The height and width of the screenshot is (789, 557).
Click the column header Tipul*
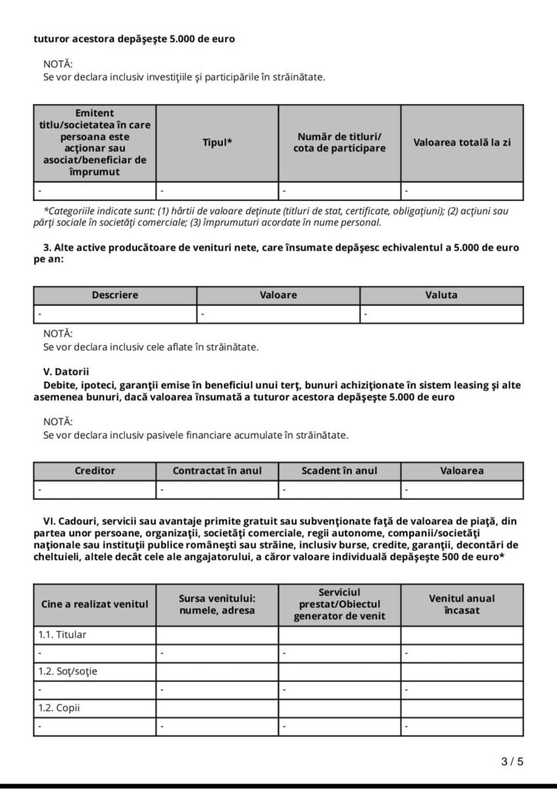pos(218,143)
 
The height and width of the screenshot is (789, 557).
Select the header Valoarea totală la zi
pos(462,143)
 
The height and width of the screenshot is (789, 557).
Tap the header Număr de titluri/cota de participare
pos(339,143)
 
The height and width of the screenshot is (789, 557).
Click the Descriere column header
pos(115,295)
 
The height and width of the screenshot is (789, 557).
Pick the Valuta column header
pos(441,295)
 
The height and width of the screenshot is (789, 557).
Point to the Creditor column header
pos(95,470)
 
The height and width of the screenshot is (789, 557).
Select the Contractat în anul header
pos(217,470)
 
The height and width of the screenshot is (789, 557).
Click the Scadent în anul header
pos(339,470)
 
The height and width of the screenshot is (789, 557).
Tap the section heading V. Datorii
pos(66,371)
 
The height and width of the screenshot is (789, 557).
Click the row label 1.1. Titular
pos(62,635)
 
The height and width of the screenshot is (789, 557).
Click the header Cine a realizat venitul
pos(95,604)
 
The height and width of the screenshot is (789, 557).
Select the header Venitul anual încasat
pos(462,604)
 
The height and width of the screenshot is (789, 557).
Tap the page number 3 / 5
pos(512,762)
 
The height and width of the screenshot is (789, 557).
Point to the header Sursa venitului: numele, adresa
pos(217,604)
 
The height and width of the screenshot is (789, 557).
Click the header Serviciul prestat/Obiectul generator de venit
pos(339,604)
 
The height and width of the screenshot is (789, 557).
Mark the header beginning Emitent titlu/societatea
pos(95,143)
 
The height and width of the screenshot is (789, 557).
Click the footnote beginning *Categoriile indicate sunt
pos(277,217)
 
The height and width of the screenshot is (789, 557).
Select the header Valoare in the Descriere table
pos(278,295)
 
